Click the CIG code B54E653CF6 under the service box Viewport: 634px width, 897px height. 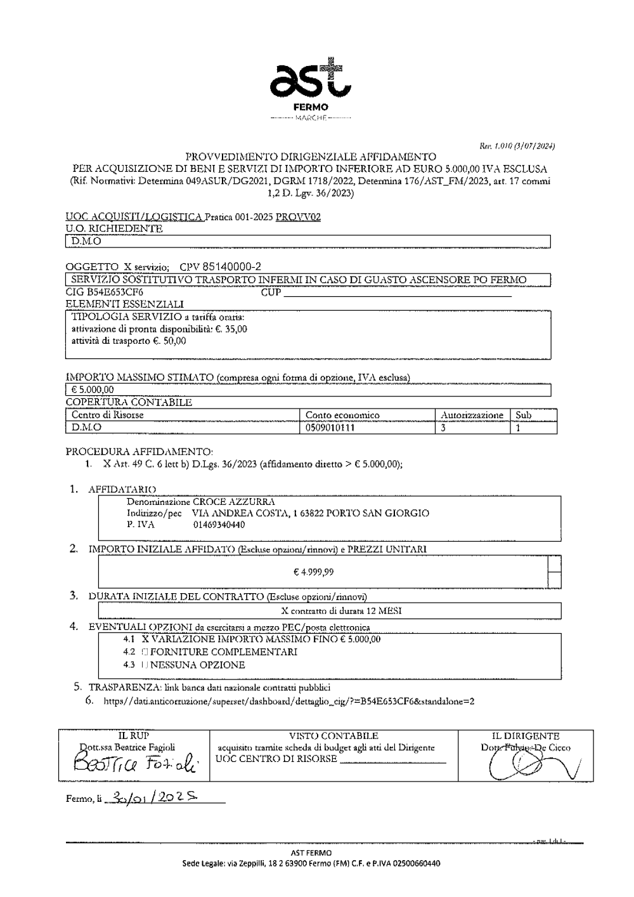[x=105, y=292]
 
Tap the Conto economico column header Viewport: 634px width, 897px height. [x=342, y=415]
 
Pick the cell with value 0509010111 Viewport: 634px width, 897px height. [x=330, y=428]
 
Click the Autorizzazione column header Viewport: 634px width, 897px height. [x=472, y=415]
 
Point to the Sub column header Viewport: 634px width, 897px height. [x=523, y=415]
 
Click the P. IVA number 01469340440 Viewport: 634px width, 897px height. [x=219, y=525]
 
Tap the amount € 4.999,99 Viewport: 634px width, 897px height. [x=314, y=572]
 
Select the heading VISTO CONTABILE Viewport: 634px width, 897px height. [x=333, y=736]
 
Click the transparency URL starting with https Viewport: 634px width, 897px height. [x=288, y=701]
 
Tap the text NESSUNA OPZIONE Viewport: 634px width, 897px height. [x=197, y=665]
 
